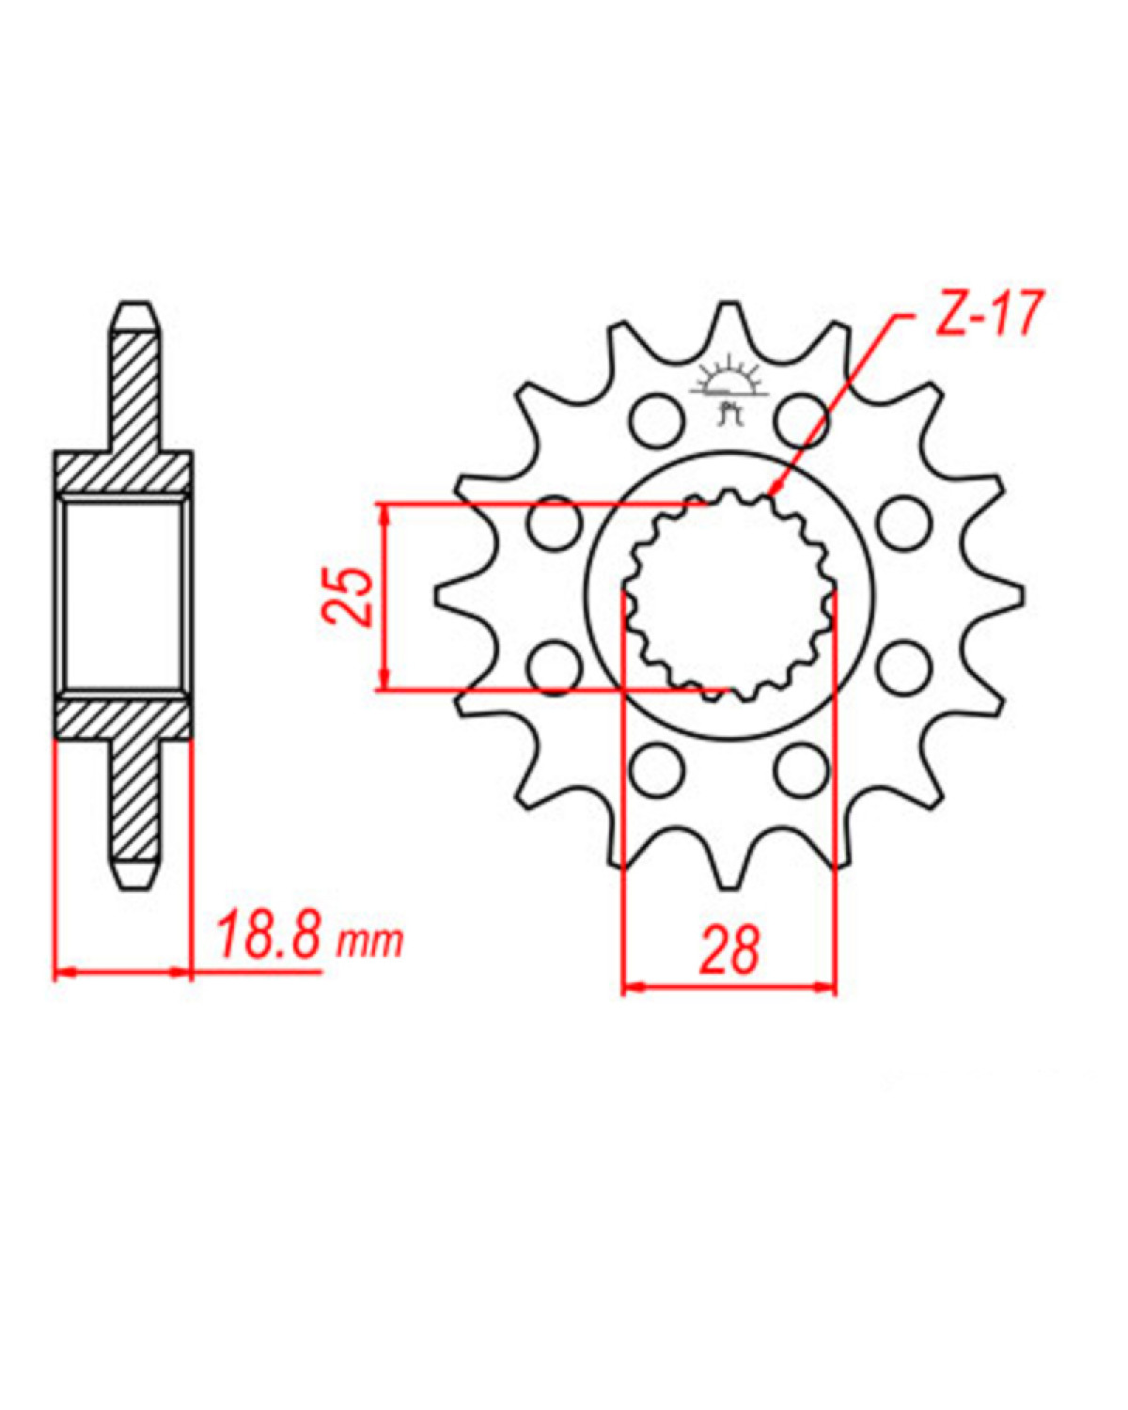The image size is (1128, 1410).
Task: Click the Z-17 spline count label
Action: click(987, 315)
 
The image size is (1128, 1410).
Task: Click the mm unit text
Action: click(370, 940)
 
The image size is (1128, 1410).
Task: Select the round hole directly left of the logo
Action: click(655, 419)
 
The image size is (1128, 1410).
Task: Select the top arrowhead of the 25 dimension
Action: click(383, 511)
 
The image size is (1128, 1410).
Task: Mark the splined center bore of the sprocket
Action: click(728, 596)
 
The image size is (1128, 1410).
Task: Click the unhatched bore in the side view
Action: click(122, 596)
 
